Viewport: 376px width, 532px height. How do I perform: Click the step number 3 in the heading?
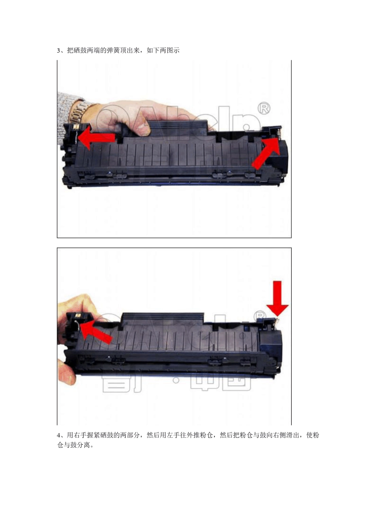[59, 51]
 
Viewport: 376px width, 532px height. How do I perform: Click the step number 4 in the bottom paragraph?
[59, 435]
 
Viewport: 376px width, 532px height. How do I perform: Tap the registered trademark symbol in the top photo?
[264, 108]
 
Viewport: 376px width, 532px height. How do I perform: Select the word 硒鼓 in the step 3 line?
[80, 51]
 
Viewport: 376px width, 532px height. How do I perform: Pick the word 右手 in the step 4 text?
[80, 435]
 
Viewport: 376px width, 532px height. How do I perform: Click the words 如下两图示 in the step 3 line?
[163, 51]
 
